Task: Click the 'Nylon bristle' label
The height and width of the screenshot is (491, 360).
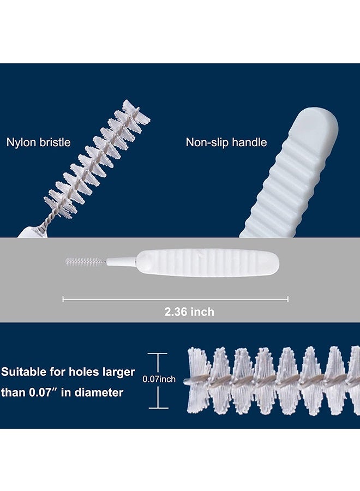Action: pyautogui.click(x=38, y=142)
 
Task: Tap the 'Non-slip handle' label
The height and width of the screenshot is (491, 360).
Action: pyautogui.click(x=226, y=142)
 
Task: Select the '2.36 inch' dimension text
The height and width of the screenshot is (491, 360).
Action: pyautogui.click(x=189, y=312)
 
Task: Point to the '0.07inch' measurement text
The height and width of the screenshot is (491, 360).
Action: pyautogui.click(x=159, y=379)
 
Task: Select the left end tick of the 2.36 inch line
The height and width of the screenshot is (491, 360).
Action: pyautogui.click(x=63, y=299)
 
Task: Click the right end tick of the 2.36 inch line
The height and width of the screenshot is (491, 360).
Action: pyautogui.click(x=288, y=299)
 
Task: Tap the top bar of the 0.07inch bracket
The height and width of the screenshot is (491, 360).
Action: pyautogui.click(x=158, y=354)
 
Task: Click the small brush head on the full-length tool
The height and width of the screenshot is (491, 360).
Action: pyautogui.click(x=85, y=261)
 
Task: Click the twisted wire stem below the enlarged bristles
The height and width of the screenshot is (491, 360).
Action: pyautogui.click(x=40, y=221)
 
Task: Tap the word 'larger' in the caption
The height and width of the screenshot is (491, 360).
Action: pyautogui.click(x=119, y=372)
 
